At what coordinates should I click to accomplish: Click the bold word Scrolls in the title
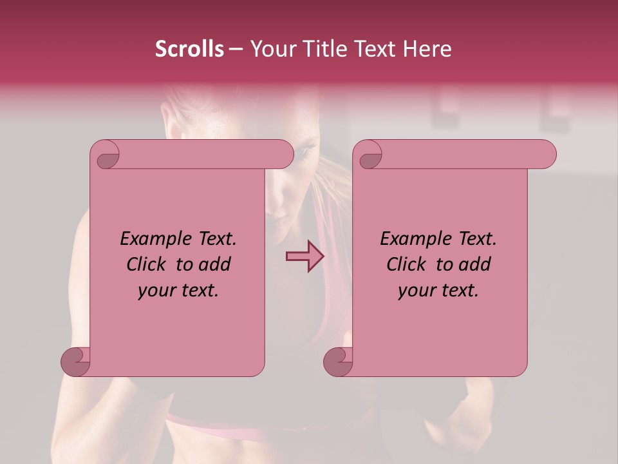[189, 49]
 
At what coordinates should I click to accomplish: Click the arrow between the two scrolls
[304, 256]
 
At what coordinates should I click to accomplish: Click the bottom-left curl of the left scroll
[76, 362]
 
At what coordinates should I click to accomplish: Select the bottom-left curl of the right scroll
[339, 362]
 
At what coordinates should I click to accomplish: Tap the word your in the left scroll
[155, 291]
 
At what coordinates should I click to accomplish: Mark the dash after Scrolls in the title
[236, 49]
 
